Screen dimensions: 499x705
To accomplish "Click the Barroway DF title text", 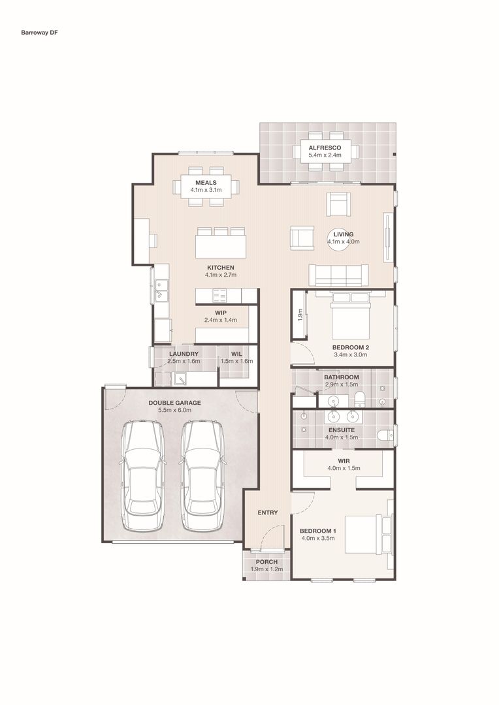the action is [x=40, y=33].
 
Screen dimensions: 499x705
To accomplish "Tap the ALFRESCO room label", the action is [x=325, y=148].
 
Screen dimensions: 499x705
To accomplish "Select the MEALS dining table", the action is [x=206, y=186].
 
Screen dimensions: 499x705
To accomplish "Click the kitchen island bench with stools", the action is [x=221, y=243].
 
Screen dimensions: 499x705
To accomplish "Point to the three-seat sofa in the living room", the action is [x=338, y=275].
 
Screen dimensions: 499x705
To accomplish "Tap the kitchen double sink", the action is [x=161, y=290].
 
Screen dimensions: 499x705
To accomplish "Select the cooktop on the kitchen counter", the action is [x=220, y=296].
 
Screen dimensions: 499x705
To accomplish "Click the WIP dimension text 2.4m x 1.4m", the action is [x=221, y=320].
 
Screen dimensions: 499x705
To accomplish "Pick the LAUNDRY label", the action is [x=184, y=354].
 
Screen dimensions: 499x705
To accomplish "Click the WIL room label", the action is [x=236, y=354].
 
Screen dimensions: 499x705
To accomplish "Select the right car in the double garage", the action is [x=202, y=475].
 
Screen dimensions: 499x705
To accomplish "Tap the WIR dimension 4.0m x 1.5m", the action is [x=344, y=468].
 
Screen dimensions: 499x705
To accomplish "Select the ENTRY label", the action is [x=268, y=512].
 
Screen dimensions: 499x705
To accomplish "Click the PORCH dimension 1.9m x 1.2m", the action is [x=267, y=569].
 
